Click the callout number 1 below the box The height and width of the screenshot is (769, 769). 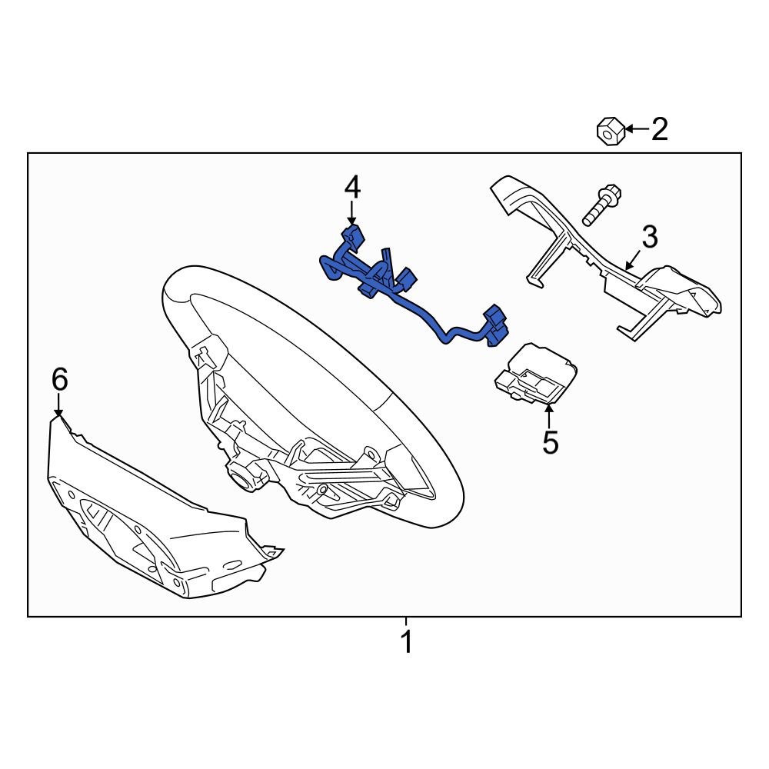[406, 642]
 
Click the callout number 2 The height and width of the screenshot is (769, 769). [659, 129]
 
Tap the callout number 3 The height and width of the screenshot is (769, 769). [650, 238]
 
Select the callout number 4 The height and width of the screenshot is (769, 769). [352, 186]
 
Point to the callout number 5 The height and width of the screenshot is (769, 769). [550, 442]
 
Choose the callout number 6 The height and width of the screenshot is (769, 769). [59, 379]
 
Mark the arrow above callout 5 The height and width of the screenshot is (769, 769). [549, 414]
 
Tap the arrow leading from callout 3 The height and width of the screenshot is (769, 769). [633, 262]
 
